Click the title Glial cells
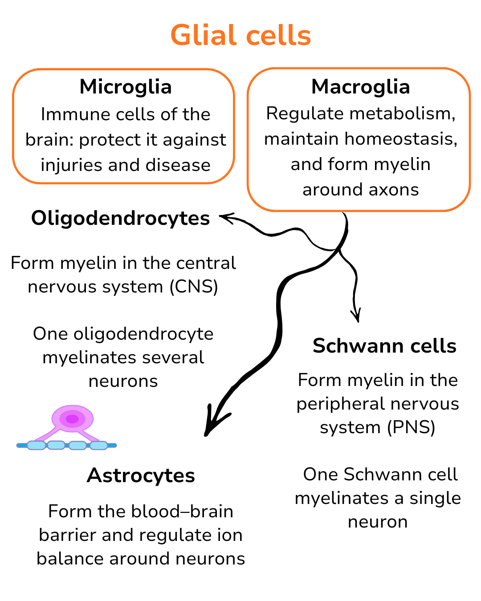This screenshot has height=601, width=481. (x=240, y=36)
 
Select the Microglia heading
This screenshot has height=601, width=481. (x=126, y=87)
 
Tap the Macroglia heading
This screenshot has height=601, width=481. (x=360, y=87)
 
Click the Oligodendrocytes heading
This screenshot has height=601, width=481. (x=120, y=218)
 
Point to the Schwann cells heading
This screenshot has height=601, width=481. (x=384, y=346)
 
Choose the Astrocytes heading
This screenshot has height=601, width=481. (x=141, y=475)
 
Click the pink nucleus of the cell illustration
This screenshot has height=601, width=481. (x=72, y=419)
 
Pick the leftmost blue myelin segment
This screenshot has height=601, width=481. (x=36, y=445)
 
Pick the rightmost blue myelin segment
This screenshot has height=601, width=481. (x=99, y=445)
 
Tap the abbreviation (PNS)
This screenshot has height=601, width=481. (x=411, y=427)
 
